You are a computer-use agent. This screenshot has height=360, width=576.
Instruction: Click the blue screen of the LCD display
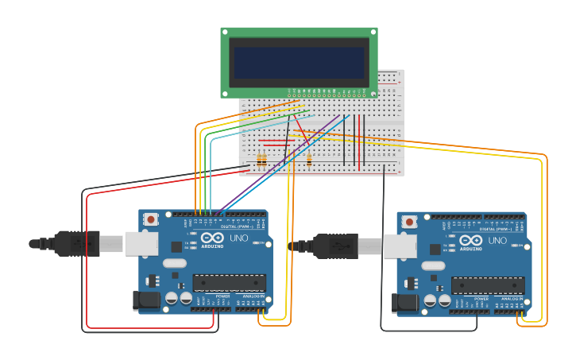(x=300, y=62)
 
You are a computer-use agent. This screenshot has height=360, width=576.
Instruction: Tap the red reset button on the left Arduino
(x=151, y=220)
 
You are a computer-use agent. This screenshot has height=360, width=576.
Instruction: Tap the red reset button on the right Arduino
(x=409, y=221)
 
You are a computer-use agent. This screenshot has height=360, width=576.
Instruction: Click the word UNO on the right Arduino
(x=497, y=240)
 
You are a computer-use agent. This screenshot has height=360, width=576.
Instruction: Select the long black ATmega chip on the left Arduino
(x=230, y=283)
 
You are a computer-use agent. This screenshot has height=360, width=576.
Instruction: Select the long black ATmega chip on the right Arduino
(x=488, y=285)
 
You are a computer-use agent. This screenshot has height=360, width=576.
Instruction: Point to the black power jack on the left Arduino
(x=148, y=300)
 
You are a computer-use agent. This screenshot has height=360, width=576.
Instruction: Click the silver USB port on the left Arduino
(x=142, y=243)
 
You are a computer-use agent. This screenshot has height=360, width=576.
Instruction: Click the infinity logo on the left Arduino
(x=212, y=238)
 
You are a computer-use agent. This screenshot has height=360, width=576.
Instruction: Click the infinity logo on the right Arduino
(x=470, y=240)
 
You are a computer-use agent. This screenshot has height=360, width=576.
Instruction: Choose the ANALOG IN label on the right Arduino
(x=509, y=299)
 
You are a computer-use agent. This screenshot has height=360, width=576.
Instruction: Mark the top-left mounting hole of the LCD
(x=226, y=33)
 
